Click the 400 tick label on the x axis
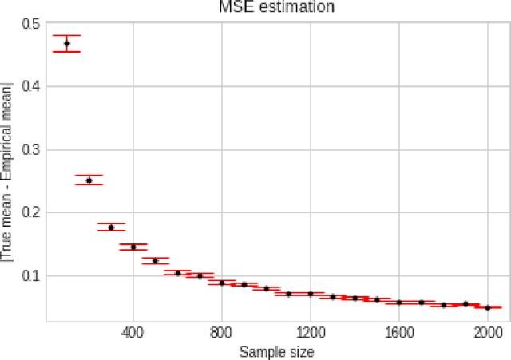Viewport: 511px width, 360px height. (x=133, y=333)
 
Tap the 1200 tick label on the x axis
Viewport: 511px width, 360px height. (x=311, y=333)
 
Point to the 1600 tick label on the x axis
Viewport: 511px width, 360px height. (x=399, y=333)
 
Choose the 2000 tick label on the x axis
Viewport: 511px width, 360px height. (x=488, y=333)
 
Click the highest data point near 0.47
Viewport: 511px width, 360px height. (x=67, y=43)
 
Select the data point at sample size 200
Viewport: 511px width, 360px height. (x=89, y=180)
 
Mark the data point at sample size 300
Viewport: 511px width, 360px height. (x=111, y=227)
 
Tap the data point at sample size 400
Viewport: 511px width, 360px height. (x=133, y=247)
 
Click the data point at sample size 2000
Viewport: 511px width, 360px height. (x=488, y=307)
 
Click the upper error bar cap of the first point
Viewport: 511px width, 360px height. (x=67, y=36)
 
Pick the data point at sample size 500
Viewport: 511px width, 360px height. (x=156, y=260)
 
